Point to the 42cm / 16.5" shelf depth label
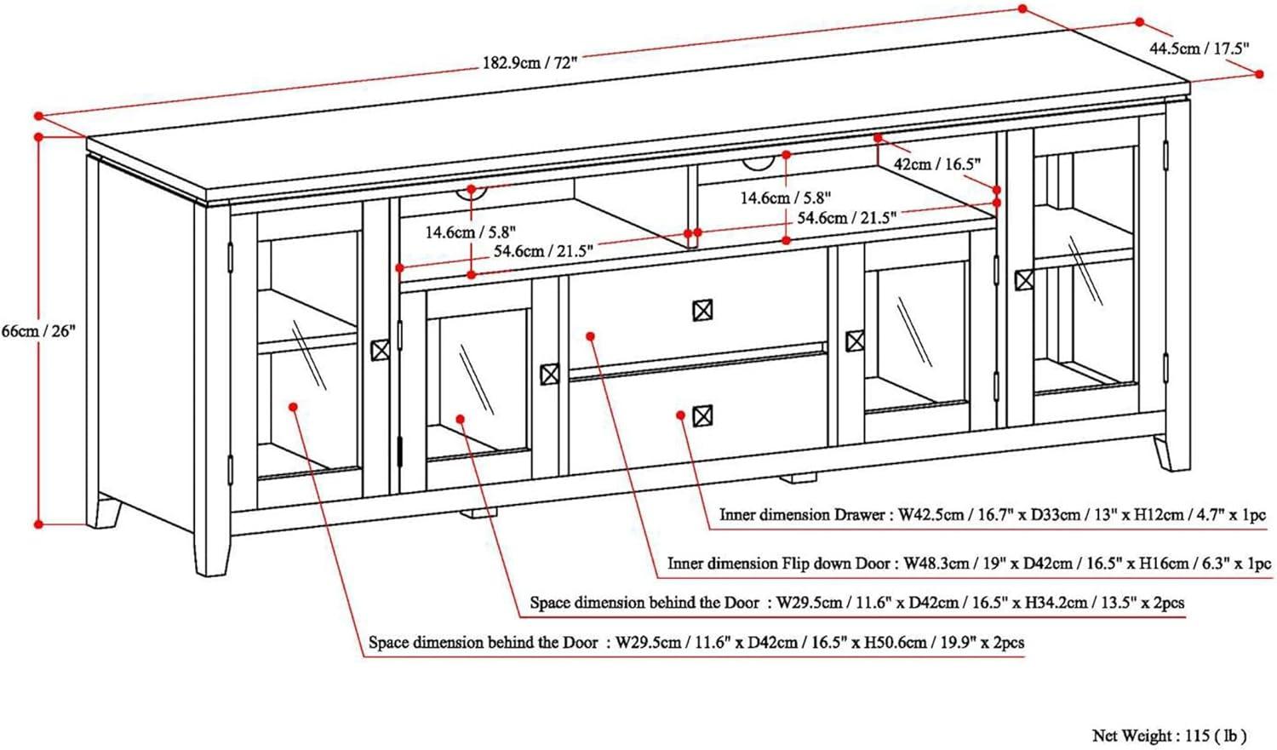(937, 164)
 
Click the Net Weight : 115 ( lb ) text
(1169, 734)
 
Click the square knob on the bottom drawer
(702, 416)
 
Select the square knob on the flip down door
(702, 310)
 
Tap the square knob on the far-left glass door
(380, 349)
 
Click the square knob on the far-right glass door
(1024, 279)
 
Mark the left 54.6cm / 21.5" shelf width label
(543, 251)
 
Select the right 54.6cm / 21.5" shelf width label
(846, 218)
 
